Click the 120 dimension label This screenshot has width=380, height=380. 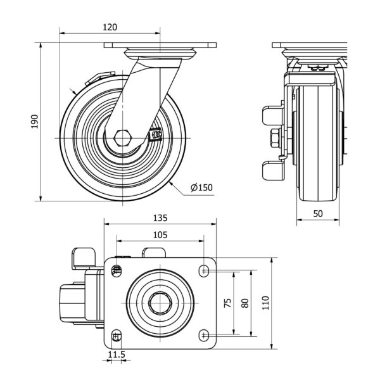(x=110, y=27)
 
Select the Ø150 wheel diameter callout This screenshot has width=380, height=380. (x=201, y=187)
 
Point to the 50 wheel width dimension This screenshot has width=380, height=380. (x=318, y=213)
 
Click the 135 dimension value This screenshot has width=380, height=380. (x=160, y=218)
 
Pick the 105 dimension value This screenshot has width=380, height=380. (x=160, y=234)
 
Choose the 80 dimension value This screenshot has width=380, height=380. (x=244, y=303)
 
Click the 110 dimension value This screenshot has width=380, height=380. (x=265, y=303)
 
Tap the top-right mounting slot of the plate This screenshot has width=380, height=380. (x=204, y=270)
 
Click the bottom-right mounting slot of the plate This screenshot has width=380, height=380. (x=204, y=334)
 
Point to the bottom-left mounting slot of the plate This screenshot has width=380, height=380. (x=116, y=334)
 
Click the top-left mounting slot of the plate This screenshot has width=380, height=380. (x=116, y=271)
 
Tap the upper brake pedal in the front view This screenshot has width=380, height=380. (x=271, y=116)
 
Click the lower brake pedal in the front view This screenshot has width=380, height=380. (x=271, y=170)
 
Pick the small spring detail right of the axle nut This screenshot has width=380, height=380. (x=155, y=134)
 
